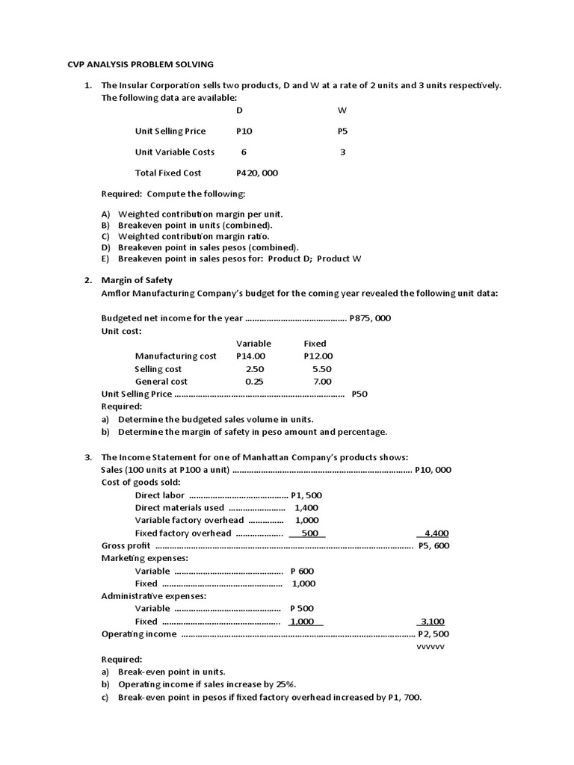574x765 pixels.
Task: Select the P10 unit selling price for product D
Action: pyautogui.click(x=244, y=131)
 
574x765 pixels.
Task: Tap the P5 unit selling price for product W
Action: pyautogui.click(x=342, y=131)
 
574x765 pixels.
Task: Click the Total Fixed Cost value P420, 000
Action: pyautogui.click(x=257, y=173)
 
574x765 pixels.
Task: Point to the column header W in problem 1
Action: pyautogui.click(x=342, y=111)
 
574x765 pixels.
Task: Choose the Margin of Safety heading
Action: pyautogui.click(x=137, y=280)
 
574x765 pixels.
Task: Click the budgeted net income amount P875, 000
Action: pyautogui.click(x=370, y=318)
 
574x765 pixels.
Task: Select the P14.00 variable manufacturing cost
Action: pyautogui.click(x=250, y=356)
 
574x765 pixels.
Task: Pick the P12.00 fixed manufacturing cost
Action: pyautogui.click(x=318, y=356)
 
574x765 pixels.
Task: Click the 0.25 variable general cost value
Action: pyautogui.click(x=254, y=382)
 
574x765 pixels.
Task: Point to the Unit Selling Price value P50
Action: pyautogui.click(x=359, y=394)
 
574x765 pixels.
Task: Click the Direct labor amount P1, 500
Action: pyautogui.click(x=312, y=495)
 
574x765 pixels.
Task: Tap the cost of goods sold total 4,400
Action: pyautogui.click(x=436, y=533)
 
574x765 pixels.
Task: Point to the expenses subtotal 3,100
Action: pyautogui.click(x=433, y=622)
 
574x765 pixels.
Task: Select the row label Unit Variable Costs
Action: pyautogui.click(x=174, y=152)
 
